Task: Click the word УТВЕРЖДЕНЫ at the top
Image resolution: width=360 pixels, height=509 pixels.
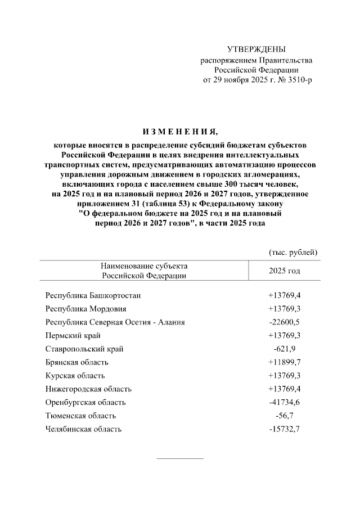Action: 256,50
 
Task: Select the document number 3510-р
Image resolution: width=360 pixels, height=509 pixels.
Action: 296,80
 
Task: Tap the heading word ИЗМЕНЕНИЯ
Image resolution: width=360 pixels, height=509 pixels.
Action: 180,133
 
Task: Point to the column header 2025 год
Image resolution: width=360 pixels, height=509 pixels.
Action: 285,271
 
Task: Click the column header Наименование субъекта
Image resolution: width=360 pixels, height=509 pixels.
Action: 144,265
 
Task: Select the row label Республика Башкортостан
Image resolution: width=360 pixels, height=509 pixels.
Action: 93,295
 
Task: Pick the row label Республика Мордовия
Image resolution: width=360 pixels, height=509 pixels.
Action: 85,308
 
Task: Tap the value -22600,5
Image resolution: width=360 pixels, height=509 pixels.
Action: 285,322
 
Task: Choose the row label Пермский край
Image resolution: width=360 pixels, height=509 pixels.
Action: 73,335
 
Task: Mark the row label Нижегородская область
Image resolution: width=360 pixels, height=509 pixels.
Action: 88,389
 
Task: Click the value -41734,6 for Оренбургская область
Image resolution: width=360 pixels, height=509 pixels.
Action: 285,402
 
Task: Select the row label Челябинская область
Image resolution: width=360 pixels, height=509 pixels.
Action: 83,429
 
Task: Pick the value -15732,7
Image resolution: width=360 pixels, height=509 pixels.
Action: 285,429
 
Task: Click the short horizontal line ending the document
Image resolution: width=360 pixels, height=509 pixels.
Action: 179,458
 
